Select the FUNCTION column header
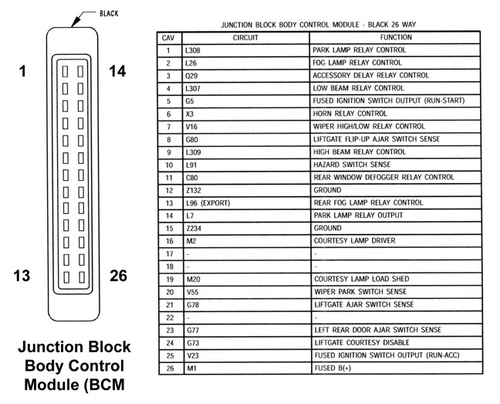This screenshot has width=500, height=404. [396, 37]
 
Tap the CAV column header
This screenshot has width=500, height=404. [167, 37]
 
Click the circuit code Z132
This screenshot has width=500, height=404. [193, 190]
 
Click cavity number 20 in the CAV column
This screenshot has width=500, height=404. [167, 292]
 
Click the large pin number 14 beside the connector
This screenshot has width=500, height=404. [118, 72]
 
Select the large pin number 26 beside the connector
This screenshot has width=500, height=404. [118, 276]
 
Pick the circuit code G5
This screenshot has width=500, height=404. [190, 101]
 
